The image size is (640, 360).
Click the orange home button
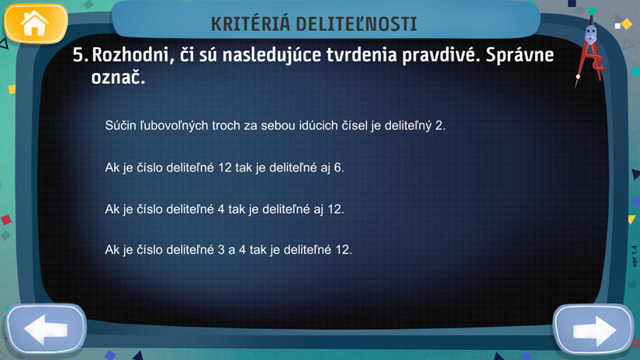pyautogui.click(x=36, y=24)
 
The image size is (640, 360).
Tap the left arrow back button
pyautogui.click(x=46, y=329)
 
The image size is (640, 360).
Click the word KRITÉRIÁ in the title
pyautogui.click(x=251, y=24)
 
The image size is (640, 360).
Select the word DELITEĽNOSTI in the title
pyautogui.click(x=356, y=24)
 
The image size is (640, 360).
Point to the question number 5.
pyautogui.click(x=81, y=54)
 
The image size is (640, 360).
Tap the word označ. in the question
pyautogui.click(x=119, y=77)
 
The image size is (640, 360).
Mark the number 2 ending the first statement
pyautogui.click(x=440, y=126)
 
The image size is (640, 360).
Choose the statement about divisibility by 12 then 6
pyautogui.click(x=224, y=168)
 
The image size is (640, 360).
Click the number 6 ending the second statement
pyautogui.click(x=339, y=168)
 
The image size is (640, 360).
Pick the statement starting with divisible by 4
pyautogui.click(x=224, y=209)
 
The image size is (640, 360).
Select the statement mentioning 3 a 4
pyautogui.click(x=229, y=249)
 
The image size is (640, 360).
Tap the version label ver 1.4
pyautogui.click(x=635, y=256)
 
